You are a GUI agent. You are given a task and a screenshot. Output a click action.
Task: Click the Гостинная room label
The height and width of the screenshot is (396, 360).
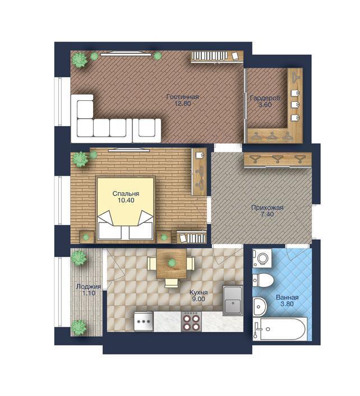[183, 97]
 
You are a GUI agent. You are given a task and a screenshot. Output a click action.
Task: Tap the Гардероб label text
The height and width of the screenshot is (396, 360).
[265, 98]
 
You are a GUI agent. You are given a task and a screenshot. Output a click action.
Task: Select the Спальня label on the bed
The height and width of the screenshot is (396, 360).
[126, 194]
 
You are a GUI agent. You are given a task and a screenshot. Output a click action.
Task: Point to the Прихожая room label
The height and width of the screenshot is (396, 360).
[267, 208]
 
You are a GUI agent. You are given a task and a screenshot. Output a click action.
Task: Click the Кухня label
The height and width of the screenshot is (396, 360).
[199, 292]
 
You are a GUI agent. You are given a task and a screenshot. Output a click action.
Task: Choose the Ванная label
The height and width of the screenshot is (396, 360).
[287, 297]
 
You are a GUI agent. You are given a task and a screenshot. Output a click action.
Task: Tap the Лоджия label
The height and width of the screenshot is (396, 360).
[89, 287]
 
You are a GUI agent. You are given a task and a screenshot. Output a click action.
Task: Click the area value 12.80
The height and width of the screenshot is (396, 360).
[183, 103]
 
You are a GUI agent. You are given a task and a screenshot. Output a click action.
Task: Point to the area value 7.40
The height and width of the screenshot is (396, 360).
[267, 215]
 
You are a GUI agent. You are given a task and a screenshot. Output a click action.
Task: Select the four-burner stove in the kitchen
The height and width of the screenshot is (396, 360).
[191, 322]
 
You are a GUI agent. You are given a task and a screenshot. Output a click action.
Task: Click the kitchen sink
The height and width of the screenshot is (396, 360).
[233, 301]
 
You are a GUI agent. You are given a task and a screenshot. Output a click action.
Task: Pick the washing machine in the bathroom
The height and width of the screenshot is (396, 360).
[262, 258]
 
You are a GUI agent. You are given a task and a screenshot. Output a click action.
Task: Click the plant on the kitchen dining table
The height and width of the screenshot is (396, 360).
[172, 263]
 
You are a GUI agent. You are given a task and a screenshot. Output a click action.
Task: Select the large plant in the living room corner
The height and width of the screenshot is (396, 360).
[80, 60]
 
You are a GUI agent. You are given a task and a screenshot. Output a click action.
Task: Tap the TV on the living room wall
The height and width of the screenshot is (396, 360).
[126, 53]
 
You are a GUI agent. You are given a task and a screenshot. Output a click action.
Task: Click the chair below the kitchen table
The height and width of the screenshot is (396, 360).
[172, 283]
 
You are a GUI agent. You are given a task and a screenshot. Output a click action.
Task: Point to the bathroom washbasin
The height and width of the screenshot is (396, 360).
[260, 306]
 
